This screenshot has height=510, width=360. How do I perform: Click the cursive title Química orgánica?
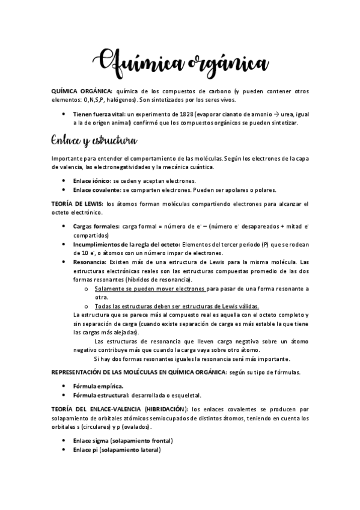[x=181, y=63]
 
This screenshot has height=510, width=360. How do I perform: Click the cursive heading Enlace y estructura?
[x=95, y=141]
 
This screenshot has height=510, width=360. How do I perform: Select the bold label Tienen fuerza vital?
[x=99, y=113]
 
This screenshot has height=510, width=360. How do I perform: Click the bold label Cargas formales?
[x=96, y=227]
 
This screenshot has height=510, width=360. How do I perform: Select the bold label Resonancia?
[x=90, y=262]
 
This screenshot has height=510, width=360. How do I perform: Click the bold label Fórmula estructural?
[x=100, y=395]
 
